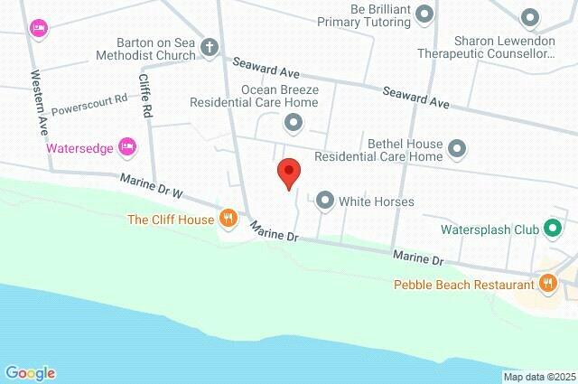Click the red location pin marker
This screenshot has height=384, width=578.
(x=288, y=172)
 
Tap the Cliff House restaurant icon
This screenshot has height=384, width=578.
(x=228, y=219)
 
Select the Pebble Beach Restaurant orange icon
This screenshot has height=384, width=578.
(x=547, y=285)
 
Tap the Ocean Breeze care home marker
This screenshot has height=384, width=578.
(x=292, y=121)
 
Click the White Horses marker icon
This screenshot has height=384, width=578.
(x=324, y=201)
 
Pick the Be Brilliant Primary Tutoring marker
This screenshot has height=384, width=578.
(x=427, y=14)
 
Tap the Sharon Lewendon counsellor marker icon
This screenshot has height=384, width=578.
(x=531, y=17)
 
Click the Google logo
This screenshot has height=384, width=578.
(x=30, y=372)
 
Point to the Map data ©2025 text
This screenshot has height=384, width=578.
(x=538, y=376)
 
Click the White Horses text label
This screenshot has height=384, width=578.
(x=376, y=201)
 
